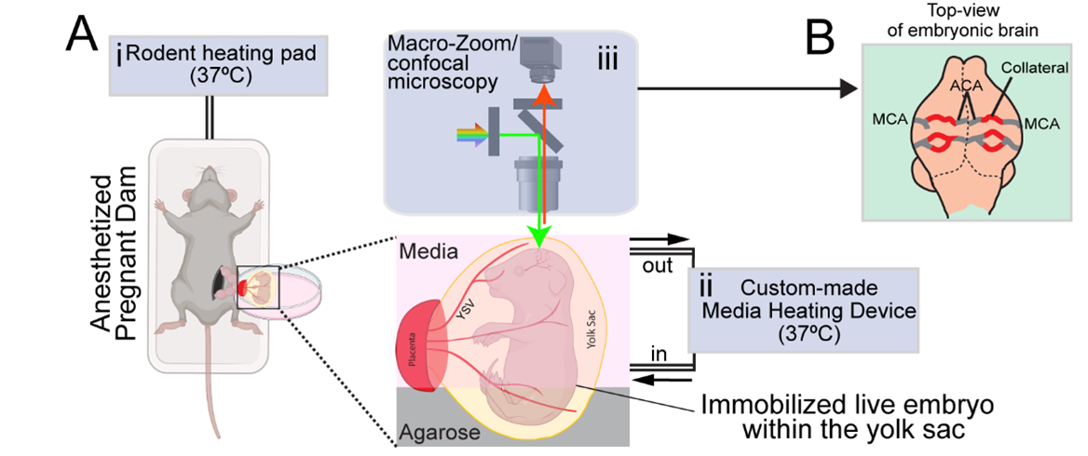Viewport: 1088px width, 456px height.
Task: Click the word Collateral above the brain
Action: [x=1027, y=68]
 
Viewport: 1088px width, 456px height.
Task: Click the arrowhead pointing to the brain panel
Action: [x=848, y=88]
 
